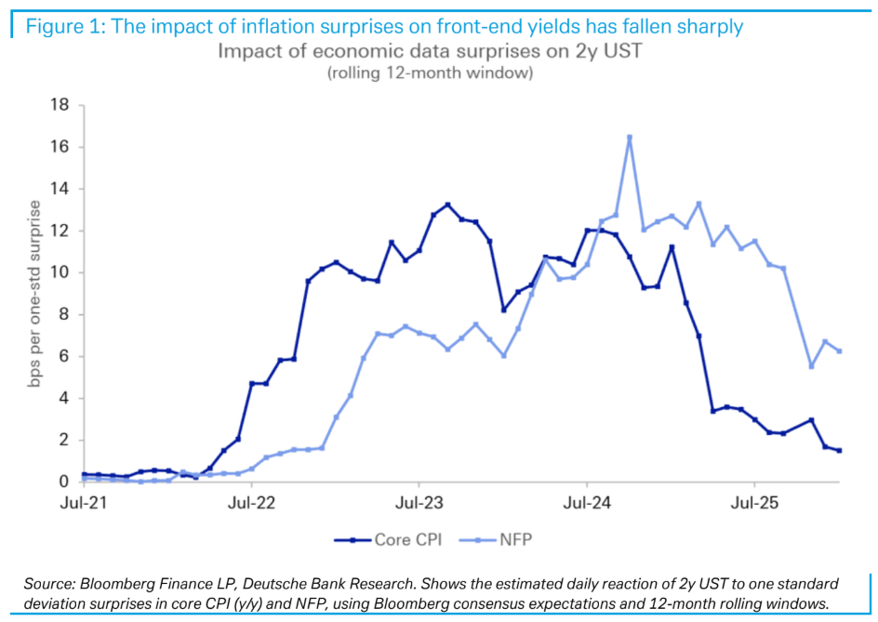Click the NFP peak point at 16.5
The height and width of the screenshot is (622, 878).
click(630, 138)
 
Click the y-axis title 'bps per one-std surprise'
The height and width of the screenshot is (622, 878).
click(35, 293)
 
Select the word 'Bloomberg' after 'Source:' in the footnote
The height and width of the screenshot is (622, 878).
click(115, 583)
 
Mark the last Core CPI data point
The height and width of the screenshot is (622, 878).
click(840, 451)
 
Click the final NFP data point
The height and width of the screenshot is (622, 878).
click(840, 351)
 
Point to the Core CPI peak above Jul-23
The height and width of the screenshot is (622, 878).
click(447, 205)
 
